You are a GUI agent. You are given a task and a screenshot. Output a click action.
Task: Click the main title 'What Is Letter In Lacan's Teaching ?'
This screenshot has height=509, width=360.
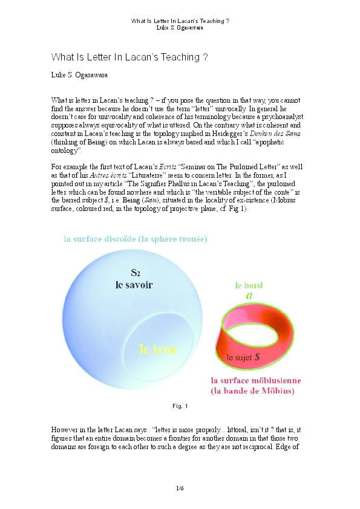(x=130, y=57)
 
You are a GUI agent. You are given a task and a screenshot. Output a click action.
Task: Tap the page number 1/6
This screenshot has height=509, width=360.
(x=180, y=487)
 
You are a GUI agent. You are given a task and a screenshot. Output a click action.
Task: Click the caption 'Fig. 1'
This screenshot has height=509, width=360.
(x=180, y=406)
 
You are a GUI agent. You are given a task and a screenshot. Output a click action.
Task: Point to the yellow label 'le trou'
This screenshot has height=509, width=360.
(x=158, y=349)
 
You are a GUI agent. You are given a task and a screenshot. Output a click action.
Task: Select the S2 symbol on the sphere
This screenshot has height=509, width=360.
(x=136, y=272)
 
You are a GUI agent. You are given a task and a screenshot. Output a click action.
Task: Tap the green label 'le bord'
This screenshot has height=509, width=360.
(x=249, y=285)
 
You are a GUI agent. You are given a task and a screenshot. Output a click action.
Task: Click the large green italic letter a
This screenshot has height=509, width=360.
(x=249, y=296)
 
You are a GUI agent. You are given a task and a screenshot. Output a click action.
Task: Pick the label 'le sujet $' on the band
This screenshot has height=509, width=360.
(x=243, y=357)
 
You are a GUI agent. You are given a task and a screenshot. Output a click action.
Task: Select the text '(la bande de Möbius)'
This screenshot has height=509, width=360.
(x=252, y=391)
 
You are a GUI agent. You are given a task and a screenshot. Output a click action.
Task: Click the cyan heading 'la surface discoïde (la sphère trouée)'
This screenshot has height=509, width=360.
(x=136, y=238)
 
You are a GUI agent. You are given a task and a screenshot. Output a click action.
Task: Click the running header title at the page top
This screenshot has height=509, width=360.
(x=180, y=21)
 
